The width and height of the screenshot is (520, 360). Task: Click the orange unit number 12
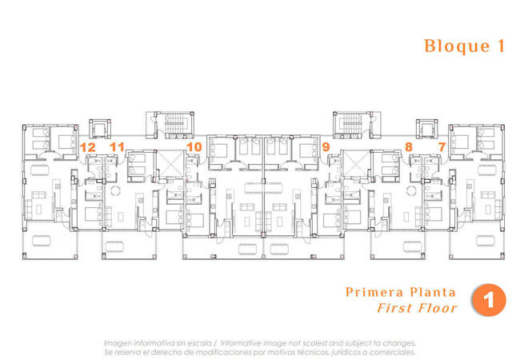(x=88, y=147)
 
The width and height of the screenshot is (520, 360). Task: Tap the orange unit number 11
(x=118, y=147)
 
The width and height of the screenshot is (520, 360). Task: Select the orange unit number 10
(x=194, y=147)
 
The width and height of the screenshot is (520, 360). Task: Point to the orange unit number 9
(x=326, y=147)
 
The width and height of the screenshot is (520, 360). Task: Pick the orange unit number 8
(x=409, y=147)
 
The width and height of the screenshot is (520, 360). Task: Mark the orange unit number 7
(x=442, y=147)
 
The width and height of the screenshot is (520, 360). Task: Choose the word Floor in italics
(x=436, y=308)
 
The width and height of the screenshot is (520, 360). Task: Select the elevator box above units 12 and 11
(x=100, y=127)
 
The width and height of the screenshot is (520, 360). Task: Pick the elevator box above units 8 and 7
(x=427, y=127)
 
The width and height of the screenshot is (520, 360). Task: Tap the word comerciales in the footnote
(x=392, y=350)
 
